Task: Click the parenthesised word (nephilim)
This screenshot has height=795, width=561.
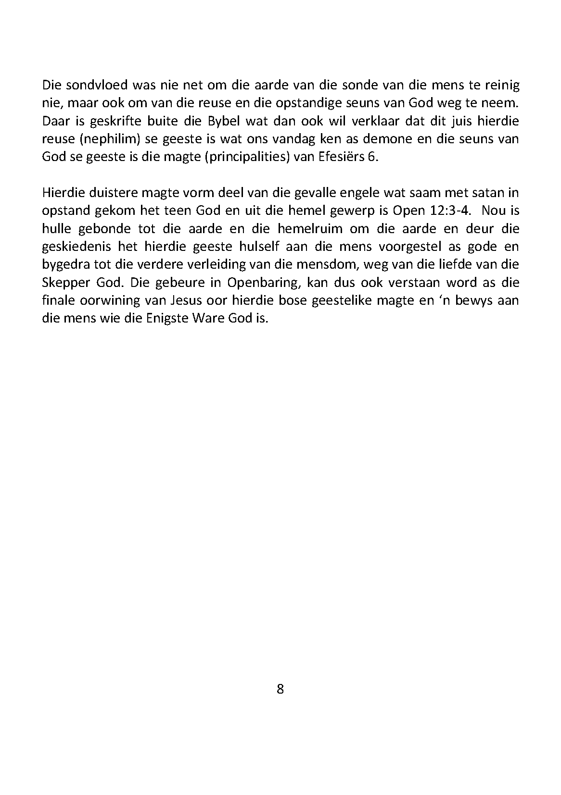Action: click(x=109, y=139)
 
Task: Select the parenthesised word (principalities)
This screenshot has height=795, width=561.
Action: click(x=246, y=157)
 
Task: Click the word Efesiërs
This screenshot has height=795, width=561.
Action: click(x=341, y=157)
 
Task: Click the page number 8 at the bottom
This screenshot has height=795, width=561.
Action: click(x=280, y=689)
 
